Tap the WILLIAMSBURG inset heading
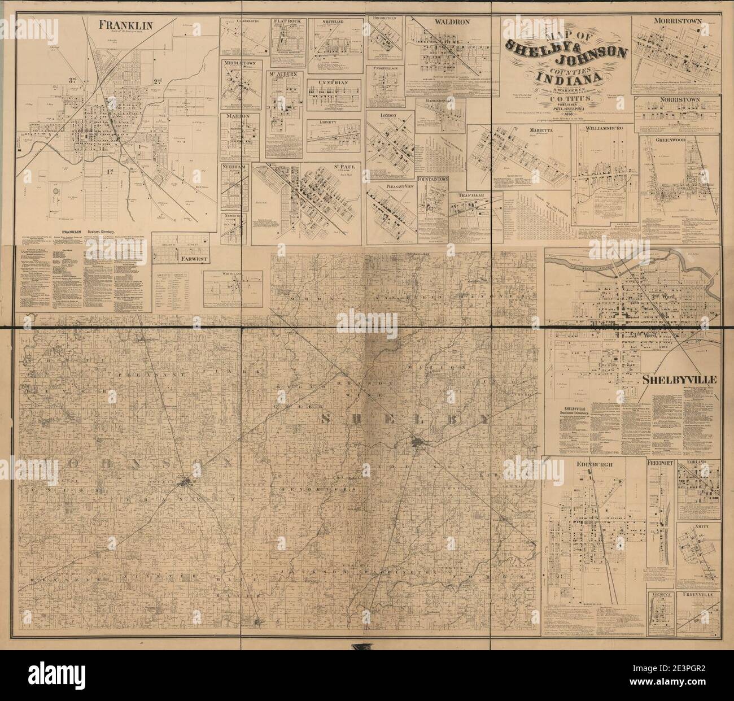604,129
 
